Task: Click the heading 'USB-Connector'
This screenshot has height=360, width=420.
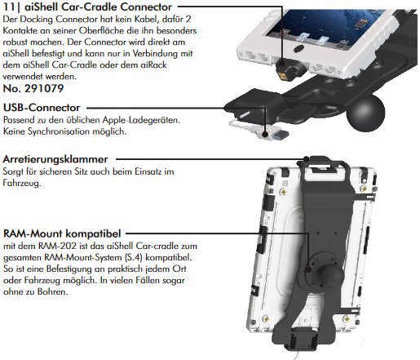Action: coord(42,108)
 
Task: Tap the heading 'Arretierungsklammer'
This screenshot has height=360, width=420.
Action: coord(55,159)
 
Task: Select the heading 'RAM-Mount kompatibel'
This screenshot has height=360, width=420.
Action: coord(62,233)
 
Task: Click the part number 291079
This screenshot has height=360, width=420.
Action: coord(44,88)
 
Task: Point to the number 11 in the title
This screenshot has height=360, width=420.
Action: coord(9,7)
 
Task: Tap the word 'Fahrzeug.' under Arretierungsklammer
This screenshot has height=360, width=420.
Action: coord(22,183)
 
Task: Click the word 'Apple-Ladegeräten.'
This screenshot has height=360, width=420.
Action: coord(141,120)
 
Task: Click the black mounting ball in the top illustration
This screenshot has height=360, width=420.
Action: coord(366,112)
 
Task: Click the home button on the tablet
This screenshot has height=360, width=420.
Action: coord(298,49)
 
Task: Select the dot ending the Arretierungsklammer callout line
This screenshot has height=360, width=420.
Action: coord(307,159)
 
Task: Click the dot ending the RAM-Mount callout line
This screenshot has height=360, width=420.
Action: coord(308,269)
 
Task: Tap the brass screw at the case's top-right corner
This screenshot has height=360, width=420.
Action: coord(364,188)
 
